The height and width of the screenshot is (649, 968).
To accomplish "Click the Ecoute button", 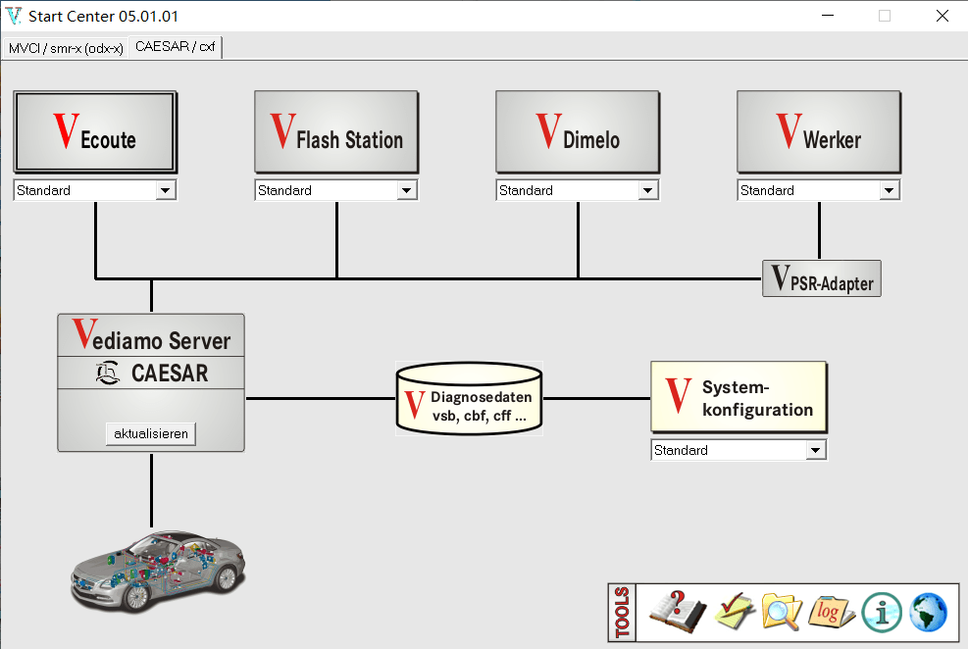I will point(95,132).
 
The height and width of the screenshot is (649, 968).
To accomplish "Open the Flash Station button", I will point(336,132).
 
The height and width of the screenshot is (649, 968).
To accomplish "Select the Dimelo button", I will point(577,132).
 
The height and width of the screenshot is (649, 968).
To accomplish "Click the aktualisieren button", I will point(151,433).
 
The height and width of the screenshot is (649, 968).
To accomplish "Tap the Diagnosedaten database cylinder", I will point(469,399).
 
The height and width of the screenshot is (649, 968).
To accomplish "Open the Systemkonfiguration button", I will point(739,397).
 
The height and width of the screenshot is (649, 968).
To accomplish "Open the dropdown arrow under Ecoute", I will point(166,191).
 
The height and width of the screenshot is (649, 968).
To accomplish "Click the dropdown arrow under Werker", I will point(889,191).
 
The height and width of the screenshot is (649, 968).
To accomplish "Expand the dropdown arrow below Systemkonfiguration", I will point(815,451).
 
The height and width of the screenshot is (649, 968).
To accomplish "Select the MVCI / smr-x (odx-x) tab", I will point(66,48).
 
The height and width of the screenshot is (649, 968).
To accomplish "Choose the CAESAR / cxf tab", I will point(176,46).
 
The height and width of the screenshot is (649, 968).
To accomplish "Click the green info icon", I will point(881,613).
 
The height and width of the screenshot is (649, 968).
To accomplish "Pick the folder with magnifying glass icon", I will point(781,613).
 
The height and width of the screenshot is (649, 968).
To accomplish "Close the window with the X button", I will point(942,16).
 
